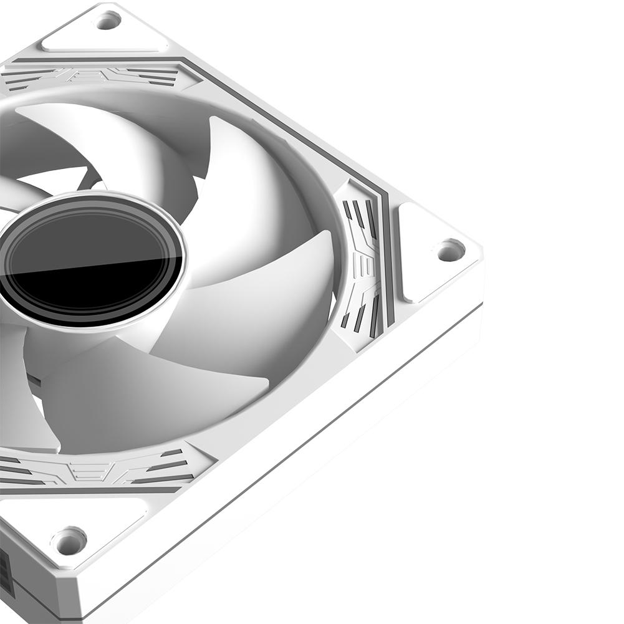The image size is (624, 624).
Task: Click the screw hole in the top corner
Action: click(x=107, y=21)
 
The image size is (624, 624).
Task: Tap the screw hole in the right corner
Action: click(x=450, y=250)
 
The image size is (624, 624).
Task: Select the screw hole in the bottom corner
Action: click(x=69, y=540)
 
